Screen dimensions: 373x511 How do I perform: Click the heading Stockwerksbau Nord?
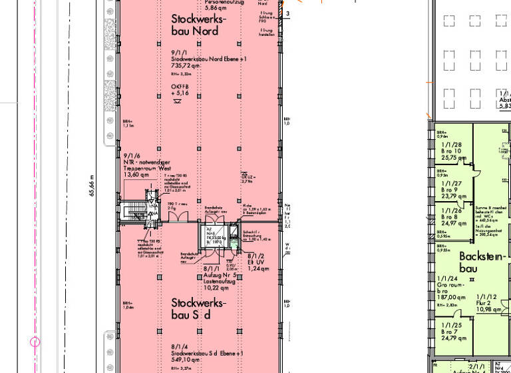pos(199,25)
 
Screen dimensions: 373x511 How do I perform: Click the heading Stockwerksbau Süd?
pos(199,308)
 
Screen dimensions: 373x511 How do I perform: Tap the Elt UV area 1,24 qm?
pos(259,268)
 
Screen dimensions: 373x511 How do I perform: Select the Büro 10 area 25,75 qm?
pos(451,159)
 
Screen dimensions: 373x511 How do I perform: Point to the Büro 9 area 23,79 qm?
pos(450,196)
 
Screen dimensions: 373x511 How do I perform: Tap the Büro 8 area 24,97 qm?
pos(450,223)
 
